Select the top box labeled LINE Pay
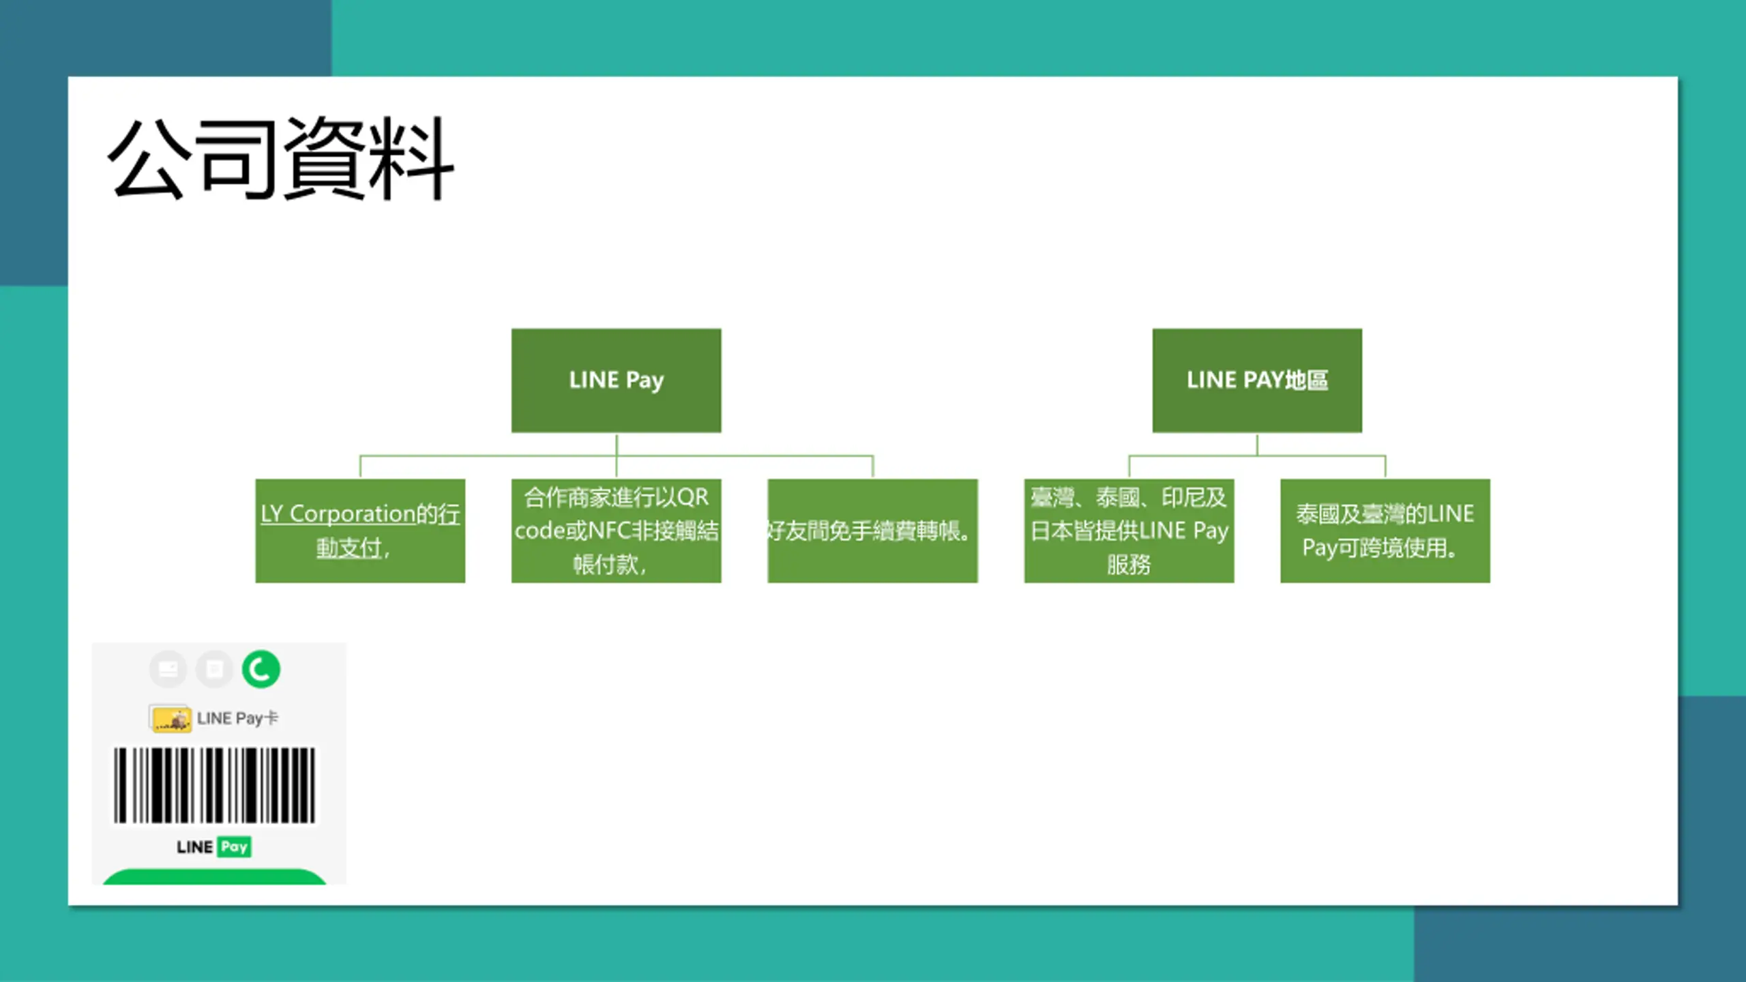point(616,381)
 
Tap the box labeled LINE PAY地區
point(1257,381)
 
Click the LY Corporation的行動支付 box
point(360,531)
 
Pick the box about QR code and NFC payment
point(616,531)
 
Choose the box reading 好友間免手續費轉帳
point(872,531)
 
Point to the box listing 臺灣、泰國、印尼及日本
point(1129,531)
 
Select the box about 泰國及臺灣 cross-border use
point(1385,531)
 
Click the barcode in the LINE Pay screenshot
point(214,785)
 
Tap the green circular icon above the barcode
point(261,669)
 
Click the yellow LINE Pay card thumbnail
point(170,719)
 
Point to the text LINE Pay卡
point(237,718)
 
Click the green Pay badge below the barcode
point(234,847)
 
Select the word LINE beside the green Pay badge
point(195,847)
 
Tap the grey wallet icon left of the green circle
point(168,669)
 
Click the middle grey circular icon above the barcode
point(214,669)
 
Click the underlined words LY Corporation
point(338,514)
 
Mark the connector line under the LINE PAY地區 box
point(1257,455)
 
